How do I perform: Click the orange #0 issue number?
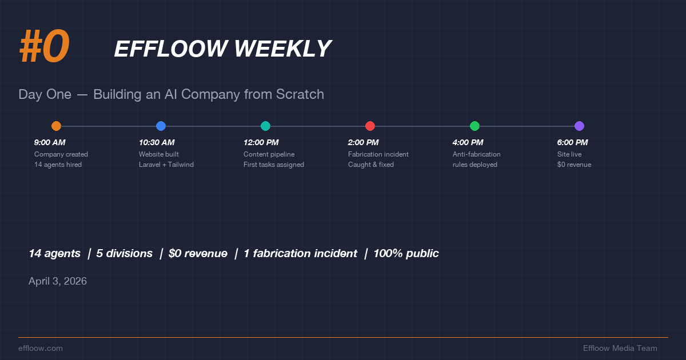[44, 47]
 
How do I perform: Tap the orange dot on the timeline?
[56, 126]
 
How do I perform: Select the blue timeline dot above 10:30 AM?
[161, 126]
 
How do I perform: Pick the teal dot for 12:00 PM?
[265, 126]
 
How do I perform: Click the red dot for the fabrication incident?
[370, 126]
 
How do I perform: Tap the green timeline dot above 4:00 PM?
[474, 126]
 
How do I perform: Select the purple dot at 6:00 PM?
[579, 126]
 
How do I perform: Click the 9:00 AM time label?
[50, 143]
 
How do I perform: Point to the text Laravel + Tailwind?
[166, 165]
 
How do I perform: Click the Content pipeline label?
[269, 154]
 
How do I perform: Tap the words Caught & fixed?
[371, 165]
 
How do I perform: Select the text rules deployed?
[475, 165]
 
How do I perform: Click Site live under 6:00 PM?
[569, 154]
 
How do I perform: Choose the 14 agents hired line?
[58, 165]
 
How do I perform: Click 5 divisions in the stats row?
[124, 254]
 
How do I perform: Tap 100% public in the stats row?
[406, 254]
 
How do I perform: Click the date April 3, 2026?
[58, 281]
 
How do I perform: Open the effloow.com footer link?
[41, 348]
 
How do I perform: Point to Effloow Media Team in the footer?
[620, 348]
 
